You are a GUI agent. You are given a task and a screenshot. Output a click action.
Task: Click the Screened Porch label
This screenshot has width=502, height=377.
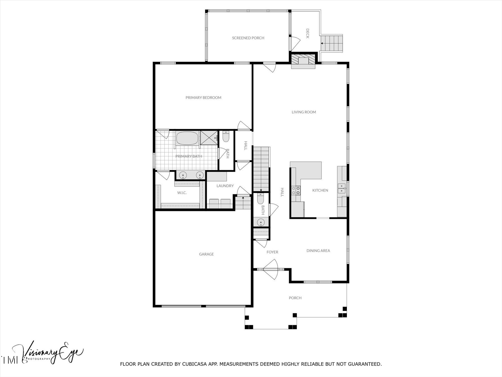[248, 38]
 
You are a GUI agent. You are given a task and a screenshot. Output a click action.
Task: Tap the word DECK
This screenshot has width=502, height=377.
[307, 34]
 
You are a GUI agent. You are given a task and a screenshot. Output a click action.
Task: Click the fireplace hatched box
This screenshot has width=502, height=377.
[303, 59]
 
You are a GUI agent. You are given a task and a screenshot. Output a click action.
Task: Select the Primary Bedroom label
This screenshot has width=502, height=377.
[203, 97]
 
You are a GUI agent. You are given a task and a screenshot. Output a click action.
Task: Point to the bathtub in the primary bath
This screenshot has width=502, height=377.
[187, 138]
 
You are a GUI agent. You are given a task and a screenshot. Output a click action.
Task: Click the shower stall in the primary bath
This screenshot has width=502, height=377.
[209, 138]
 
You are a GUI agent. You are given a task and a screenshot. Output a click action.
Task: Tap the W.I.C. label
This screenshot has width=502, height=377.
[182, 193]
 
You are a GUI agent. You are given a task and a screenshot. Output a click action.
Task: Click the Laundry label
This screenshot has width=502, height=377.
[225, 186]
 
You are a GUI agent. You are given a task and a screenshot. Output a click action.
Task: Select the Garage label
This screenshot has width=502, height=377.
[206, 254]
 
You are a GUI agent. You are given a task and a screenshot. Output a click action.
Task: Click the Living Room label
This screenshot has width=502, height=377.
[304, 112]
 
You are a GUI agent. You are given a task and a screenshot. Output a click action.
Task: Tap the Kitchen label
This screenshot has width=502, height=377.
[320, 190]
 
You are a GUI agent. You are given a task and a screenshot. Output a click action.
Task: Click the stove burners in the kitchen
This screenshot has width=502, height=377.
[296, 190]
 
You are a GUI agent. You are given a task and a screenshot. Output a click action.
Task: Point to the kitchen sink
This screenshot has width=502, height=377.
[341, 188]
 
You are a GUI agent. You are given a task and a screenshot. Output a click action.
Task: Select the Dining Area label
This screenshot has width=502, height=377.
[318, 251]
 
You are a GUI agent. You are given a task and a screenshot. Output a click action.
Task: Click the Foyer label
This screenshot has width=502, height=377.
[272, 252]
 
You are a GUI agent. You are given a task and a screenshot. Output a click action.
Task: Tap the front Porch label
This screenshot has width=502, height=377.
[295, 298]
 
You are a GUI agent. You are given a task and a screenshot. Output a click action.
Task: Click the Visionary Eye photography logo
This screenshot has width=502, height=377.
[47, 352]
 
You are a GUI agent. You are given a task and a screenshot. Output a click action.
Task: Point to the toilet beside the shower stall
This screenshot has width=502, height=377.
[226, 137]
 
